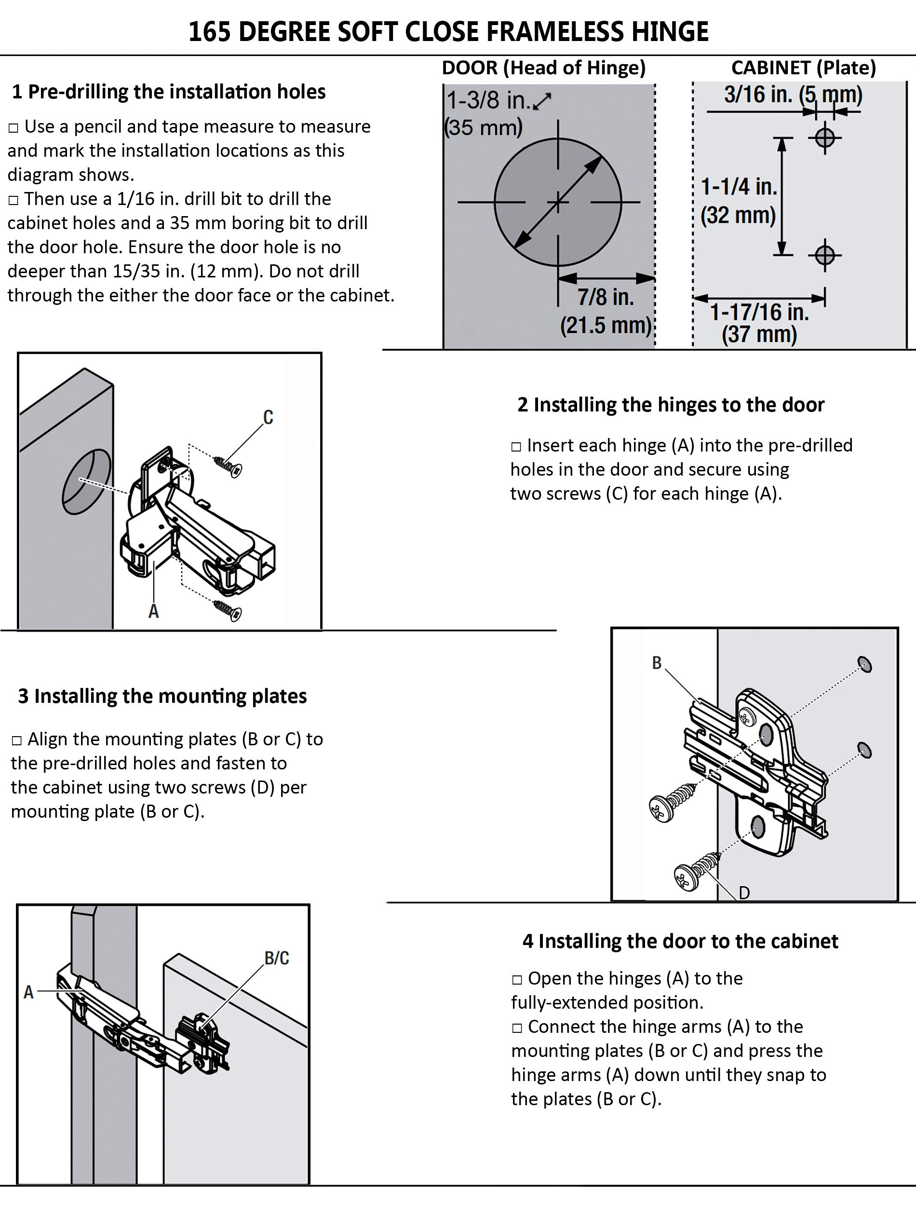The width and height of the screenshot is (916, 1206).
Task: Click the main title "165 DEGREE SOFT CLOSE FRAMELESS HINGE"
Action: click(448, 32)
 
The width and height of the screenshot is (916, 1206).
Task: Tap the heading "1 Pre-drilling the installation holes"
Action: click(168, 92)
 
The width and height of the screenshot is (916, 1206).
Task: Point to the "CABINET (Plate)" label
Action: click(803, 68)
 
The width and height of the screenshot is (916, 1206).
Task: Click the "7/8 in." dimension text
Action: click(606, 297)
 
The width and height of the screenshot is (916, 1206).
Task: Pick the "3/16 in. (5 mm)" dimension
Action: click(793, 95)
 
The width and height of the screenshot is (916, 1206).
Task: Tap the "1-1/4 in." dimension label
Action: click(738, 187)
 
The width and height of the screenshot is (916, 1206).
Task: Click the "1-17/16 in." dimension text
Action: click(759, 312)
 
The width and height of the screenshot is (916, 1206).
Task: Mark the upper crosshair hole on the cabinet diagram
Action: click(824, 137)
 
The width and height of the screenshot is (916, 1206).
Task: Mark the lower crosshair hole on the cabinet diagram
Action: click(824, 254)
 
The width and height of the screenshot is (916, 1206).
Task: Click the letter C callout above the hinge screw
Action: click(268, 417)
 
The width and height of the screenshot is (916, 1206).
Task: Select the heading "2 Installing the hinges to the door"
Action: click(671, 405)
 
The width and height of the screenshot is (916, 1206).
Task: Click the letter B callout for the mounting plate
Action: click(657, 663)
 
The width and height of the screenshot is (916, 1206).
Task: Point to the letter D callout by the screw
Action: click(744, 892)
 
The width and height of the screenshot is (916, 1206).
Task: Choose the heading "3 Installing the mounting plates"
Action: click(162, 696)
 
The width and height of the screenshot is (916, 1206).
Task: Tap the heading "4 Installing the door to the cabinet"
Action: click(680, 941)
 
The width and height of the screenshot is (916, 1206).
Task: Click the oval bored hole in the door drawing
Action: click(86, 481)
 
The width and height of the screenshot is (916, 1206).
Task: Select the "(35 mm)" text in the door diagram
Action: click(484, 128)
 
